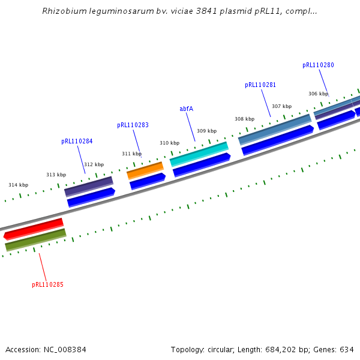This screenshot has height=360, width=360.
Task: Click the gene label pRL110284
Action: click(77, 142)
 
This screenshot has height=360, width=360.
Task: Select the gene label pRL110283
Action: click(133, 125)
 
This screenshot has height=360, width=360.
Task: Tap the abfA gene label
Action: click(186, 109)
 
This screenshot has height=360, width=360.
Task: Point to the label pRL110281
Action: click(260, 85)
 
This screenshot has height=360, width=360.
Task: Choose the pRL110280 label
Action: click(318, 65)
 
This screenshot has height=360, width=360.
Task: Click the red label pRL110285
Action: click(47, 284)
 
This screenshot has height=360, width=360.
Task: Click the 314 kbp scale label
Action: click(18, 185)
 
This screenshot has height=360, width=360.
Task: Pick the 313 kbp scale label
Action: click(56, 175)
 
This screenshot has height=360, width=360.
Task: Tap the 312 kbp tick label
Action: click(94, 164)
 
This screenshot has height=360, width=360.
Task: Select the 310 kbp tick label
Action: click(169, 143)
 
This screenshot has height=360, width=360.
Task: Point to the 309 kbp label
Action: click(206, 131)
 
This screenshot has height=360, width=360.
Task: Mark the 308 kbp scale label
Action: click(244, 119)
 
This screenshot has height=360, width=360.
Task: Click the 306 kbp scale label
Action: click(318, 94)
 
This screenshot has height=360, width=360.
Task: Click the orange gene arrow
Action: click(145, 170)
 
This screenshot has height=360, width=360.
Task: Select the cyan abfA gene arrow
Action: click(199, 154)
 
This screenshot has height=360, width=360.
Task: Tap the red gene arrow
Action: click(34, 229)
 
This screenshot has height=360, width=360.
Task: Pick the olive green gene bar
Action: click(35, 239)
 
